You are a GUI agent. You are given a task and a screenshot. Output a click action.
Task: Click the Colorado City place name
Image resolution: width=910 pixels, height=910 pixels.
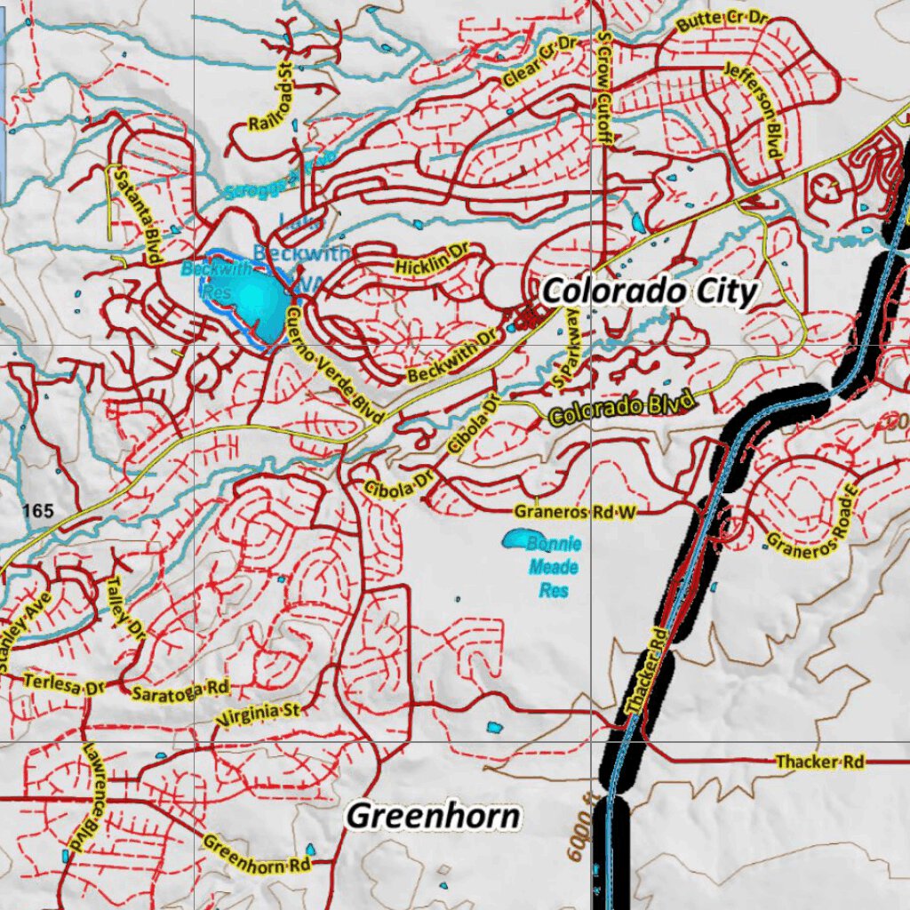pyautogui.click(x=650, y=291)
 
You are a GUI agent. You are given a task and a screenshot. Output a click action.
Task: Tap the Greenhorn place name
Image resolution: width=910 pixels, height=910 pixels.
pyautogui.click(x=433, y=816)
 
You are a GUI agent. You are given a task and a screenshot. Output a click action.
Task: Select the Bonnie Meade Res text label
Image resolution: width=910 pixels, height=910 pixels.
pyautogui.click(x=553, y=567)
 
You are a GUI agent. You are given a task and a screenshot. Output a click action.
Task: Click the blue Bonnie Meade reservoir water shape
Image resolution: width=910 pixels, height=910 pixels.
pyautogui.click(x=515, y=539)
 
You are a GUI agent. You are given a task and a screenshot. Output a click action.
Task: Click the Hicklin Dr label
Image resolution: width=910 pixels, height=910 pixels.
pyautogui.click(x=431, y=260)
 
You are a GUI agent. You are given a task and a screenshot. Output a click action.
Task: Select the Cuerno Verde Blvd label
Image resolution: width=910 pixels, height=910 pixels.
pyautogui.click(x=335, y=364)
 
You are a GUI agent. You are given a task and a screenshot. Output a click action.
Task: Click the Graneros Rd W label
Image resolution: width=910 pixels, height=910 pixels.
pyautogui.click(x=576, y=511)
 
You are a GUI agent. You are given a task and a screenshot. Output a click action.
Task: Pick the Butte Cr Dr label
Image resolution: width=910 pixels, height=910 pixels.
pyautogui.click(x=722, y=21)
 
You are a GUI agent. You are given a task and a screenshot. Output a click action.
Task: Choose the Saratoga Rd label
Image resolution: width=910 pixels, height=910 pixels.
pyautogui.click(x=180, y=690)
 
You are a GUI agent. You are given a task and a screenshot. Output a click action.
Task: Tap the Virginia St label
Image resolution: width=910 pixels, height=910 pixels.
pyautogui.click(x=259, y=713)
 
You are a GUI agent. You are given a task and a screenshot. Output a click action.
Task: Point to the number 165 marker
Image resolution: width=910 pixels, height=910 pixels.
pyautogui.click(x=40, y=510)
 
